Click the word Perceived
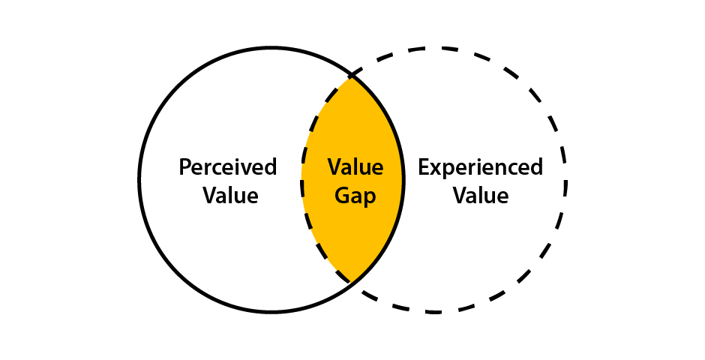[x=227, y=167]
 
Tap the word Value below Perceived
[x=227, y=196]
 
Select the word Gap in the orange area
[x=355, y=196]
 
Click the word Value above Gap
[x=355, y=167]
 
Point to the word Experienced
[x=480, y=167]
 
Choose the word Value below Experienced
[x=480, y=196]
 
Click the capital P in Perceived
[x=184, y=166]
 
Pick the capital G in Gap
[x=341, y=196]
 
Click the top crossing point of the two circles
[x=350, y=76]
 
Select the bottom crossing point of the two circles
[x=350, y=283]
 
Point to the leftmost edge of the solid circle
[x=139, y=180]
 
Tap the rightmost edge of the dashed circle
[x=566, y=180]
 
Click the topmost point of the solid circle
[x=271, y=49]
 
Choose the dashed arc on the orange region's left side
[x=303, y=180]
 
